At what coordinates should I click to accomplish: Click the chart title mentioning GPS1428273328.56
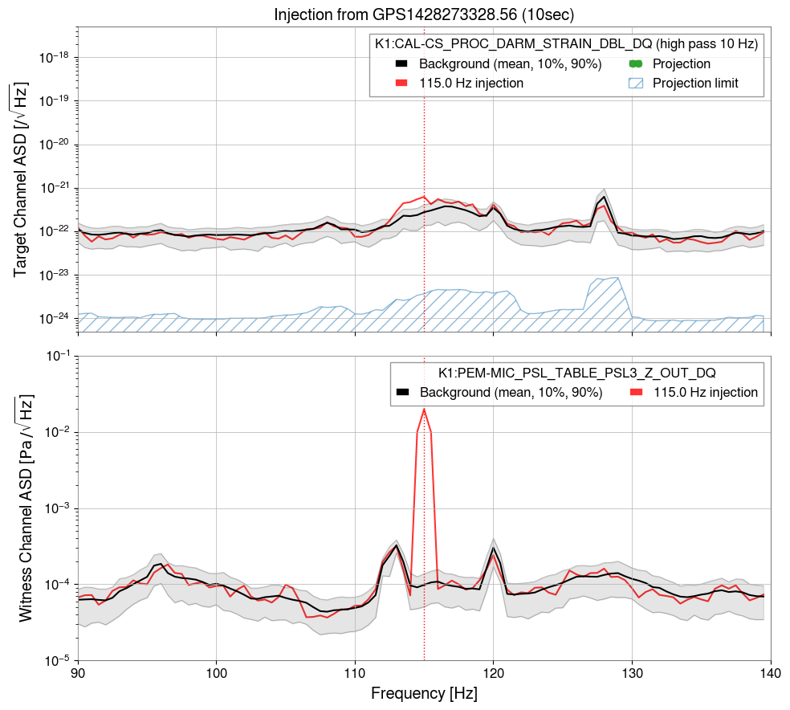point(423,14)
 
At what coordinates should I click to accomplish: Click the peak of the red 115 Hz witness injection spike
point(424,410)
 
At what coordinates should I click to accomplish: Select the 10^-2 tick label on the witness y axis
point(56,432)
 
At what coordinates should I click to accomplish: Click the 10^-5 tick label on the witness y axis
point(56,661)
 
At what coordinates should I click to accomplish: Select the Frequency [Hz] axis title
point(424,692)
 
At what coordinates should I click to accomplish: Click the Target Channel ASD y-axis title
point(22,180)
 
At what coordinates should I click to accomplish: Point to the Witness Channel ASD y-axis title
point(24,508)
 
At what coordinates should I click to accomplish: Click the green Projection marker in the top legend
point(636,64)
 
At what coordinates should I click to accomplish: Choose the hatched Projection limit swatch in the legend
point(636,83)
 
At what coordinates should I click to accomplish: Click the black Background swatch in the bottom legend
point(404,392)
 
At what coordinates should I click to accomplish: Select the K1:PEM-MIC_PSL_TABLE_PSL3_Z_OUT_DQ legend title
point(576,373)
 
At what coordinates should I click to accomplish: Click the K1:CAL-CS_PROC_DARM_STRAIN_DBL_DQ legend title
point(566,45)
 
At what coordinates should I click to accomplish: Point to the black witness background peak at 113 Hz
point(397,546)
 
